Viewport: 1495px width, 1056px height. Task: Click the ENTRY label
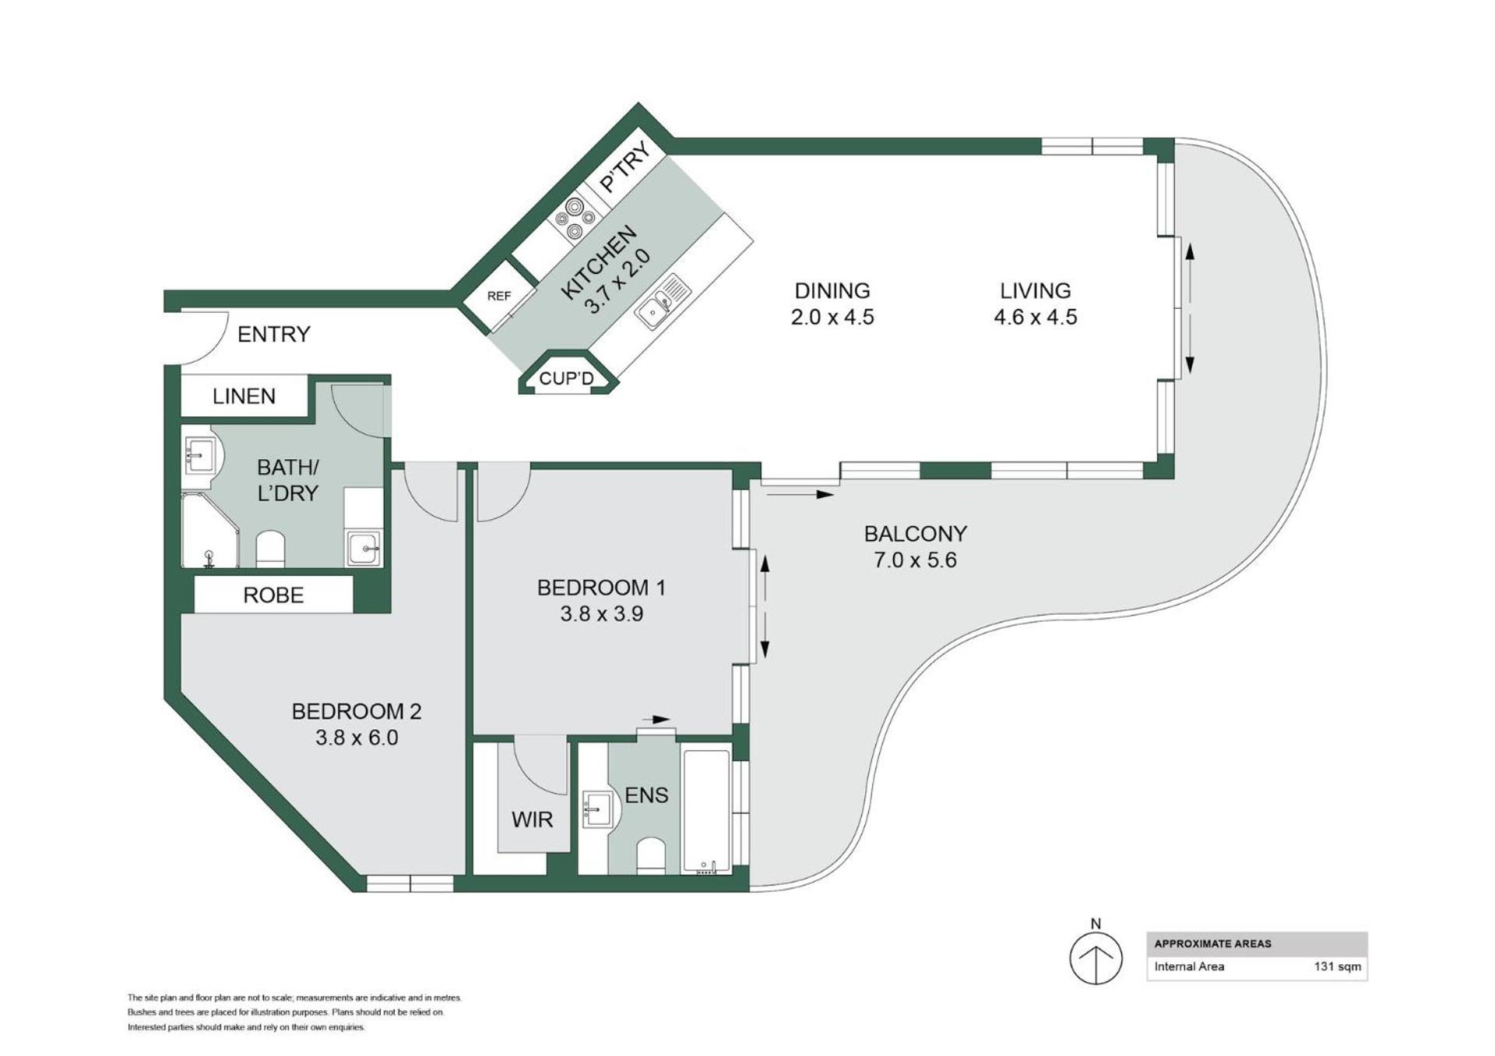click(x=273, y=335)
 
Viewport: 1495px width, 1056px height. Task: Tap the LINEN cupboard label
click(x=244, y=397)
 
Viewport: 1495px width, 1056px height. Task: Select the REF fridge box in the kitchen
click(x=499, y=296)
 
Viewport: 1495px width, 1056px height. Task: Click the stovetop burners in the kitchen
click(x=575, y=219)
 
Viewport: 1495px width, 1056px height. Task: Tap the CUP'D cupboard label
click(x=566, y=379)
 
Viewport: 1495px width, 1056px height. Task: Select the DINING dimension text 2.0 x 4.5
click(x=832, y=318)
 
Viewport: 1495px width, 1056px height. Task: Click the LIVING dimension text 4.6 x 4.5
click(x=1036, y=318)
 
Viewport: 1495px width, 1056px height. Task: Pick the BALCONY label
click(x=915, y=534)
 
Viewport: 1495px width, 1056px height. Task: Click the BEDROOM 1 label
click(x=601, y=588)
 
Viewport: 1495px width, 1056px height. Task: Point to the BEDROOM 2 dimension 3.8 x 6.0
click(x=357, y=738)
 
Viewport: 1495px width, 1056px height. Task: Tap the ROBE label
click(x=273, y=595)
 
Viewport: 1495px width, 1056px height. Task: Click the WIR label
click(x=532, y=819)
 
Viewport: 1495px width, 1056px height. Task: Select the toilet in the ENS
click(x=650, y=856)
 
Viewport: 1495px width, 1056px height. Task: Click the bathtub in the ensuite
click(x=707, y=810)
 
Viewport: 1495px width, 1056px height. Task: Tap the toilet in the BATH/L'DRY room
click(x=270, y=549)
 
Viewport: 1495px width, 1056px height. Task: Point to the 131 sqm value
click(x=1338, y=967)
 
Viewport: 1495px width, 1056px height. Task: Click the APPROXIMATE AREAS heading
click(x=1212, y=944)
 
